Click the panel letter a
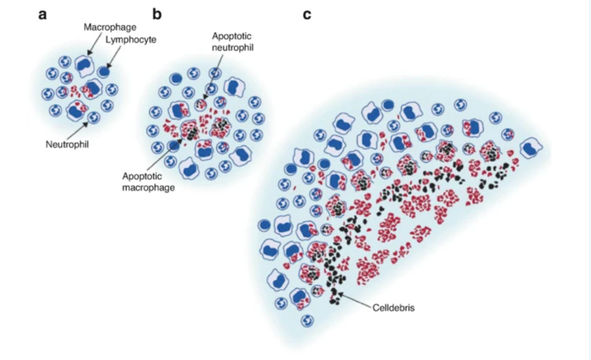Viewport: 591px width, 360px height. [x=42, y=15]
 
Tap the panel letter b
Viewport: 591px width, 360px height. [x=157, y=14]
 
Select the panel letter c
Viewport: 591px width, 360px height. [x=307, y=15]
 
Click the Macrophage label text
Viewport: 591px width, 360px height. [x=110, y=27]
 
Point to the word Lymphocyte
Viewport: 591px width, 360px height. [x=131, y=39]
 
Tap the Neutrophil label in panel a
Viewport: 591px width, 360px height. [x=67, y=144]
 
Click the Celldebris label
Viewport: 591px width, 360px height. [x=393, y=307]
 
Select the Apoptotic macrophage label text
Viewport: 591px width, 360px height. [x=149, y=181]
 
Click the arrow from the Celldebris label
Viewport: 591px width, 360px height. [x=355, y=301]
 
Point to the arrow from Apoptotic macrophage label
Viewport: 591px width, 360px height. [x=165, y=155]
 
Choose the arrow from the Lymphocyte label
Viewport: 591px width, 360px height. [x=114, y=57]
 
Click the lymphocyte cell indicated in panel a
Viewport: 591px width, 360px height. [x=104, y=72]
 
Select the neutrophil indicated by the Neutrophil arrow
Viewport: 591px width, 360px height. [x=93, y=117]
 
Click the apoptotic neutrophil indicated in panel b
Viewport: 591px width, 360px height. [x=201, y=104]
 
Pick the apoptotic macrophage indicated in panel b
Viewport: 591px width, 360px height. [x=189, y=130]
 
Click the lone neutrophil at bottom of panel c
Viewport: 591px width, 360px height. [x=307, y=321]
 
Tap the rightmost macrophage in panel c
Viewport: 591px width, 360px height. [x=531, y=148]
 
